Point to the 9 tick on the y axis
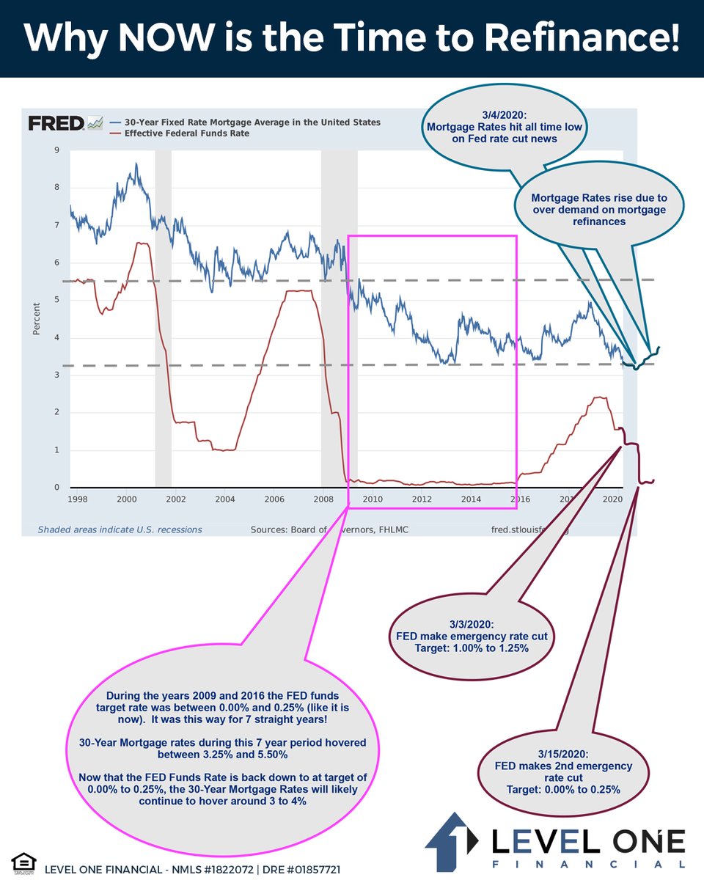click(x=57, y=150)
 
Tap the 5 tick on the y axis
click(x=57, y=300)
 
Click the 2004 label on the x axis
click(x=225, y=500)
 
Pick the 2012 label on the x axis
click(x=422, y=500)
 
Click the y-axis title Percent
click(x=37, y=318)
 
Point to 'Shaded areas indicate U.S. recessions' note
click(x=120, y=529)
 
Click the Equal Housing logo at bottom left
click(x=23, y=862)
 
